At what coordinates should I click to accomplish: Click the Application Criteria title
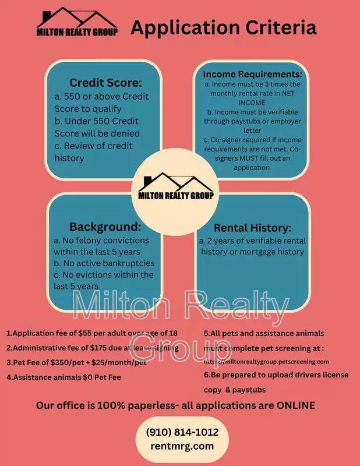coord(224,27)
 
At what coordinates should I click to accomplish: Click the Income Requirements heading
coord(252,75)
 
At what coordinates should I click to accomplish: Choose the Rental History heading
coord(252,228)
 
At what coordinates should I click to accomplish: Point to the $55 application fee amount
coord(86,334)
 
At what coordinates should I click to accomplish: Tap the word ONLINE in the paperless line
coord(295,405)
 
